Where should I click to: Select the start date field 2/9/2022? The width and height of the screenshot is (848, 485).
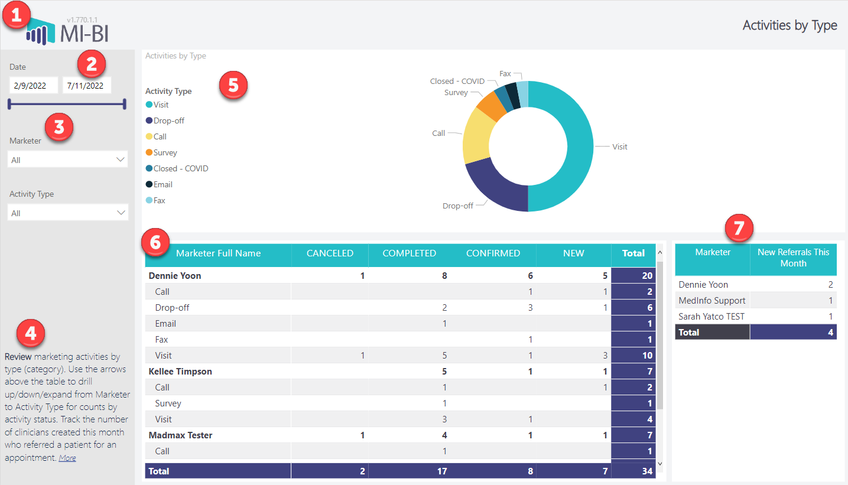(34, 86)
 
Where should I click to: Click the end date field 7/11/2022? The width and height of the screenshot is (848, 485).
(87, 86)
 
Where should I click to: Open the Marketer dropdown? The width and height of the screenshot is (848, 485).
(68, 160)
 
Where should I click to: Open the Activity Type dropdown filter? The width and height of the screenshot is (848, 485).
(68, 213)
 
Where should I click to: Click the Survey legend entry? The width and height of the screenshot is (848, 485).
(165, 152)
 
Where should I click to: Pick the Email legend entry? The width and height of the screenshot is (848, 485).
(163, 184)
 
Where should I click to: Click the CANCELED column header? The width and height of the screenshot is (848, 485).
(330, 253)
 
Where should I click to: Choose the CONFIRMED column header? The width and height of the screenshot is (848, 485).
(493, 253)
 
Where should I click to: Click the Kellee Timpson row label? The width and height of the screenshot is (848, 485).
(180, 372)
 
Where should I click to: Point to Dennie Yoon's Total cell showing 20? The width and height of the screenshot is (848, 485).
(633, 275)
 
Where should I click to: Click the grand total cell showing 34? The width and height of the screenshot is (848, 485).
(633, 471)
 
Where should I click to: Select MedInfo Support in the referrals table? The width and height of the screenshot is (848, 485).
(712, 301)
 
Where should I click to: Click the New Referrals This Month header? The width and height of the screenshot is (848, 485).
(793, 258)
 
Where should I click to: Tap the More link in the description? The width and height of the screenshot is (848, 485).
(67, 458)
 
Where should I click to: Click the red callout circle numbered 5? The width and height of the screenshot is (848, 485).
(233, 85)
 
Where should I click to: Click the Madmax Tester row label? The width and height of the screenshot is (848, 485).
(180, 435)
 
